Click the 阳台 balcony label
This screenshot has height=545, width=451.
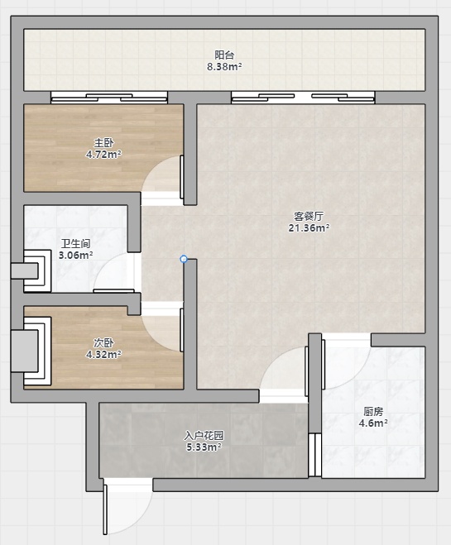point(224,55)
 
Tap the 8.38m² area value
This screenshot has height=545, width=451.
point(224,66)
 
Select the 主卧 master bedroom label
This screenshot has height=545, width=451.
point(103,142)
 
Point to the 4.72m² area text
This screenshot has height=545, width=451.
point(103,154)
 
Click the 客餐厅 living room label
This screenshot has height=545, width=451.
point(309,217)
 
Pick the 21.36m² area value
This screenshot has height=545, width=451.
point(309,228)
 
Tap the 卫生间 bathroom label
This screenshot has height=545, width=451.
point(76,243)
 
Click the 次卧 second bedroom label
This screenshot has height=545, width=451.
point(103,342)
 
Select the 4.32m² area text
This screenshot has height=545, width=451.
point(103,354)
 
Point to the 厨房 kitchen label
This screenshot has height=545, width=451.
point(373,412)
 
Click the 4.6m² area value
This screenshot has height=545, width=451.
point(373,423)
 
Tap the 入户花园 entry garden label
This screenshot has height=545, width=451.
point(204,435)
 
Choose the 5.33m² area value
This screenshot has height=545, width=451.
point(204,447)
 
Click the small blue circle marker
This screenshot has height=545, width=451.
point(184,259)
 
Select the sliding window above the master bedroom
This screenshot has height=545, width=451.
point(109,98)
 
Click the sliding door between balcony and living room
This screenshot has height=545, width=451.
point(303,98)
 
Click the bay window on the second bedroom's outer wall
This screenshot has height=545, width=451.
point(31,351)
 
